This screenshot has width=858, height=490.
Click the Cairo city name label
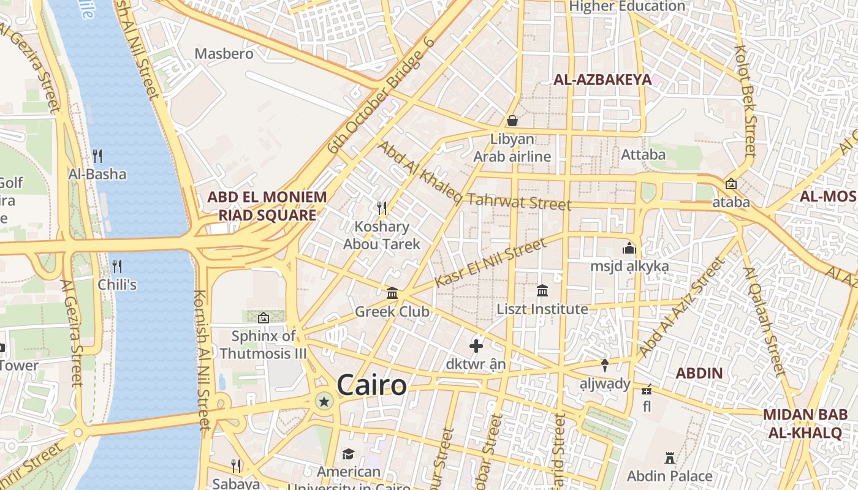[x=371, y=385]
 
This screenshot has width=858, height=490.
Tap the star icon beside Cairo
[x=324, y=402]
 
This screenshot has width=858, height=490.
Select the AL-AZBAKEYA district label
[x=602, y=80]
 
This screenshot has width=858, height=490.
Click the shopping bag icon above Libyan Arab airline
[x=512, y=121]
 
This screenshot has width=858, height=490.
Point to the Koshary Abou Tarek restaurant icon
[x=382, y=208]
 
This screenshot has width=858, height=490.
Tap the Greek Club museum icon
[x=392, y=293]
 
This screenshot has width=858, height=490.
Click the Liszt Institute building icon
[x=542, y=291]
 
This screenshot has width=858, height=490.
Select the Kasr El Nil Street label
[x=490, y=263]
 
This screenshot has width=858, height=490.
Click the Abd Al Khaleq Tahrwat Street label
[x=473, y=176]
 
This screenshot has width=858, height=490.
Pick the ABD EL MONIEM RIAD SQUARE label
[x=267, y=206]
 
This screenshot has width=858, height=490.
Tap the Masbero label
[x=224, y=54]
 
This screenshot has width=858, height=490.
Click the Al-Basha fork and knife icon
[x=97, y=156]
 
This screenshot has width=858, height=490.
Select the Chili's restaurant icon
[x=117, y=266]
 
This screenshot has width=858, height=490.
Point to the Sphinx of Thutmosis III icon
[x=264, y=317]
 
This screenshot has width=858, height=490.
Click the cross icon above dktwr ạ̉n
[x=476, y=346]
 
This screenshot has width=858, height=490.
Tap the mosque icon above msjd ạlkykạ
[x=629, y=249]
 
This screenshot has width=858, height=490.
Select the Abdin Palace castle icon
[x=669, y=458]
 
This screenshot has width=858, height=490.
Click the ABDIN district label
[x=699, y=373]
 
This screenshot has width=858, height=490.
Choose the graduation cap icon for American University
[x=348, y=454]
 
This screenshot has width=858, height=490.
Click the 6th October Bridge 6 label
[x=381, y=95]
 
